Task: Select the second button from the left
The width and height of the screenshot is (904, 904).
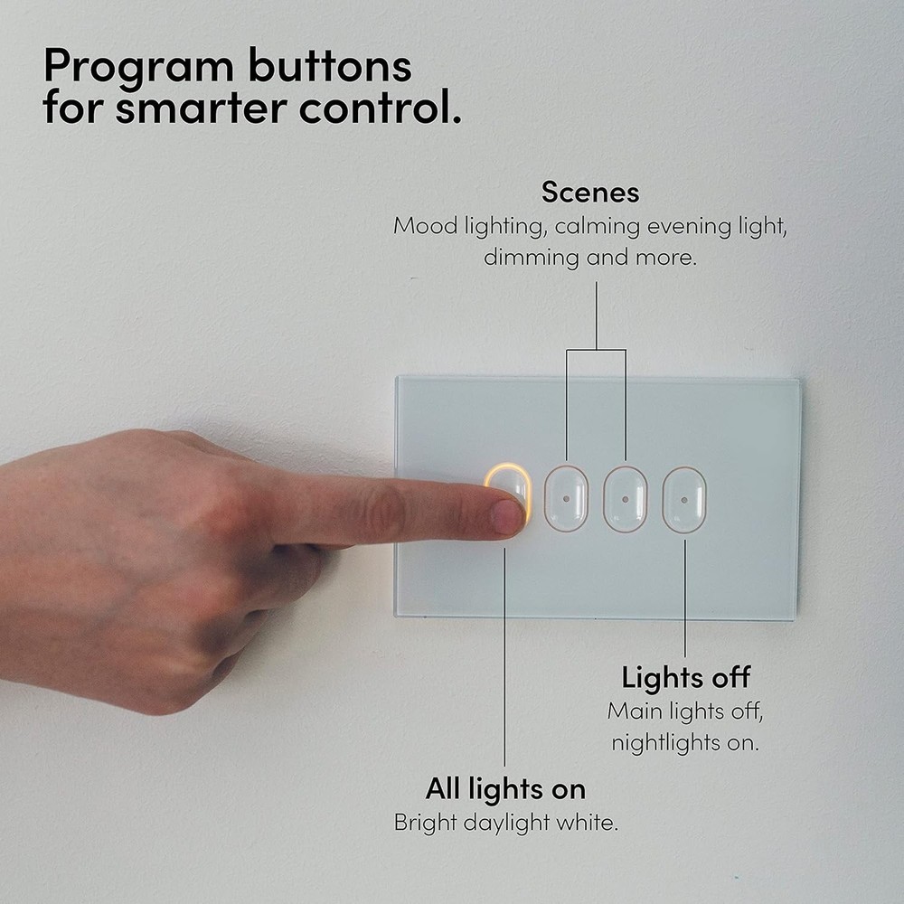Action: (x=566, y=498)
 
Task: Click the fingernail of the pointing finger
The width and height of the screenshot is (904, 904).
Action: (x=508, y=515)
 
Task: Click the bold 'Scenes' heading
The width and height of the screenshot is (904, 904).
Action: (x=590, y=193)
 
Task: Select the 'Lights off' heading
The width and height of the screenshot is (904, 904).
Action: (x=685, y=677)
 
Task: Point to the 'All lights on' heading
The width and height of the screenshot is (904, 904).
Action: (x=505, y=789)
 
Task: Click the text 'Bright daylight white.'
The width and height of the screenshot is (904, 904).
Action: (x=505, y=824)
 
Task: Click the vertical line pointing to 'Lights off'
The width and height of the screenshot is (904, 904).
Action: (x=684, y=597)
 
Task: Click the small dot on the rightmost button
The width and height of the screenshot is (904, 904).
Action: (x=684, y=498)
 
